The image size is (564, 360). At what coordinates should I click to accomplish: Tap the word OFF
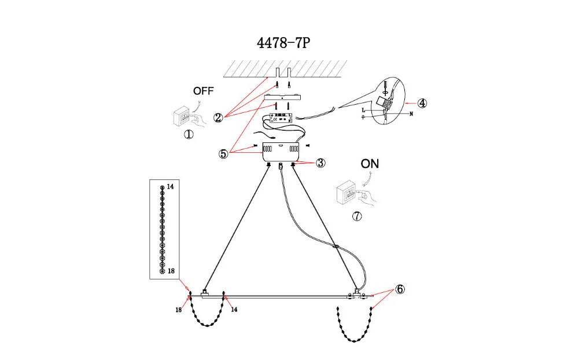(204, 91)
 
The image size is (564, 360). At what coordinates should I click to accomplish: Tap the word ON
(370, 164)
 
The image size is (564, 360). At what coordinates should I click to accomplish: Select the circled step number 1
(189, 134)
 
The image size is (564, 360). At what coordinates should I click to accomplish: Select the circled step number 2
(218, 117)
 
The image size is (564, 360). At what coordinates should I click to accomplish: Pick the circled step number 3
(320, 163)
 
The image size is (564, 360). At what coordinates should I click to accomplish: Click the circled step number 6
(400, 289)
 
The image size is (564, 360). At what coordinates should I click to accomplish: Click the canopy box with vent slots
(281, 151)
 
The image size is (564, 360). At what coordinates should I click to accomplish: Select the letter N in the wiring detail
(411, 113)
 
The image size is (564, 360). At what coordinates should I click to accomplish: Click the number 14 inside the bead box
(170, 187)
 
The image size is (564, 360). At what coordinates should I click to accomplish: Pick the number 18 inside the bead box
(171, 271)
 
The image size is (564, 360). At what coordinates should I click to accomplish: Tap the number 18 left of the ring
(179, 310)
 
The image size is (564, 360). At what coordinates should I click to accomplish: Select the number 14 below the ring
(234, 310)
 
